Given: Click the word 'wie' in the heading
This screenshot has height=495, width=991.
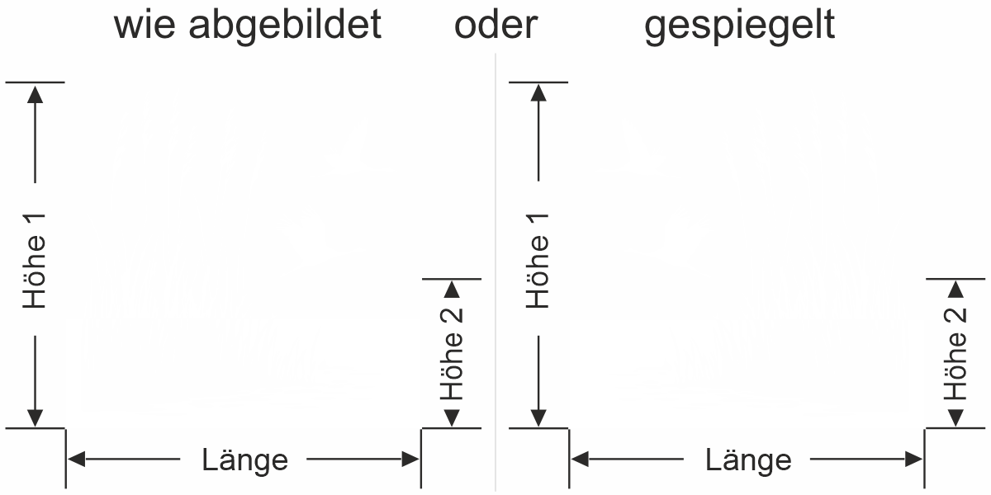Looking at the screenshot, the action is click(x=145, y=25).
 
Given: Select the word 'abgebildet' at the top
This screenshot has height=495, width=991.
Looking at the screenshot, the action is click(x=285, y=25).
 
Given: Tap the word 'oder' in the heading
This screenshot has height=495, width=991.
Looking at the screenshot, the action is click(x=496, y=25).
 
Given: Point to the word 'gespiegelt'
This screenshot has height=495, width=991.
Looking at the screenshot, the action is click(x=740, y=26).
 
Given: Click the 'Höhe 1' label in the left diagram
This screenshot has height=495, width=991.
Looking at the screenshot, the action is click(x=35, y=261).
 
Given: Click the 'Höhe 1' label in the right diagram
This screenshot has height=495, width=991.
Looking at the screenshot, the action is click(x=538, y=261).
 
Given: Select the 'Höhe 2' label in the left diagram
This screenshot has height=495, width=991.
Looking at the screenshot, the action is click(x=451, y=354).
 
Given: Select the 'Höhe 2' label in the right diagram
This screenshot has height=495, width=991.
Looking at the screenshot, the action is click(x=955, y=354).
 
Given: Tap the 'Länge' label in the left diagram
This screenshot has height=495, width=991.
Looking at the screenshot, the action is click(x=244, y=460).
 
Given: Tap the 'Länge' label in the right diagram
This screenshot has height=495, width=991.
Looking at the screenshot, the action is click(x=748, y=460).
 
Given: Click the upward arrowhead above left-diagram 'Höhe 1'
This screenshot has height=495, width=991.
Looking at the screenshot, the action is click(x=35, y=94).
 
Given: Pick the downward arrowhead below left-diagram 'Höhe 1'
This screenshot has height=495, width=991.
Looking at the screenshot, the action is click(x=35, y=418).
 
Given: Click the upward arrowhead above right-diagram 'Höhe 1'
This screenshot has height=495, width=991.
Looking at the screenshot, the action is click(x=538, y=93).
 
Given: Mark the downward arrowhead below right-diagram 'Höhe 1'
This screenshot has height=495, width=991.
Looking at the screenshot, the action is click(x=538, y=418).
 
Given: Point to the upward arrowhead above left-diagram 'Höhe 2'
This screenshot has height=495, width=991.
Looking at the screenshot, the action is click(x=452, y=290).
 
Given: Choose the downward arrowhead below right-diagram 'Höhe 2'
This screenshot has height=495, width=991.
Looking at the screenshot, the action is click(x=956, y=418).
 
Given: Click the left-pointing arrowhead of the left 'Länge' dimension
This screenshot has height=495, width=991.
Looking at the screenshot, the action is click(x=76, y=460).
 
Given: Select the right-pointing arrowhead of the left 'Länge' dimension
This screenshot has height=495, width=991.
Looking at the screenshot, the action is click(x=410, y=460).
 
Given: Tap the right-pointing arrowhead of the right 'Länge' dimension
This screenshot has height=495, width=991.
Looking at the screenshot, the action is click(x=914, y=460).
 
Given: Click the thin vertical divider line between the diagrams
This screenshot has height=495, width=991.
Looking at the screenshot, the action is click(x=495, y=271).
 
